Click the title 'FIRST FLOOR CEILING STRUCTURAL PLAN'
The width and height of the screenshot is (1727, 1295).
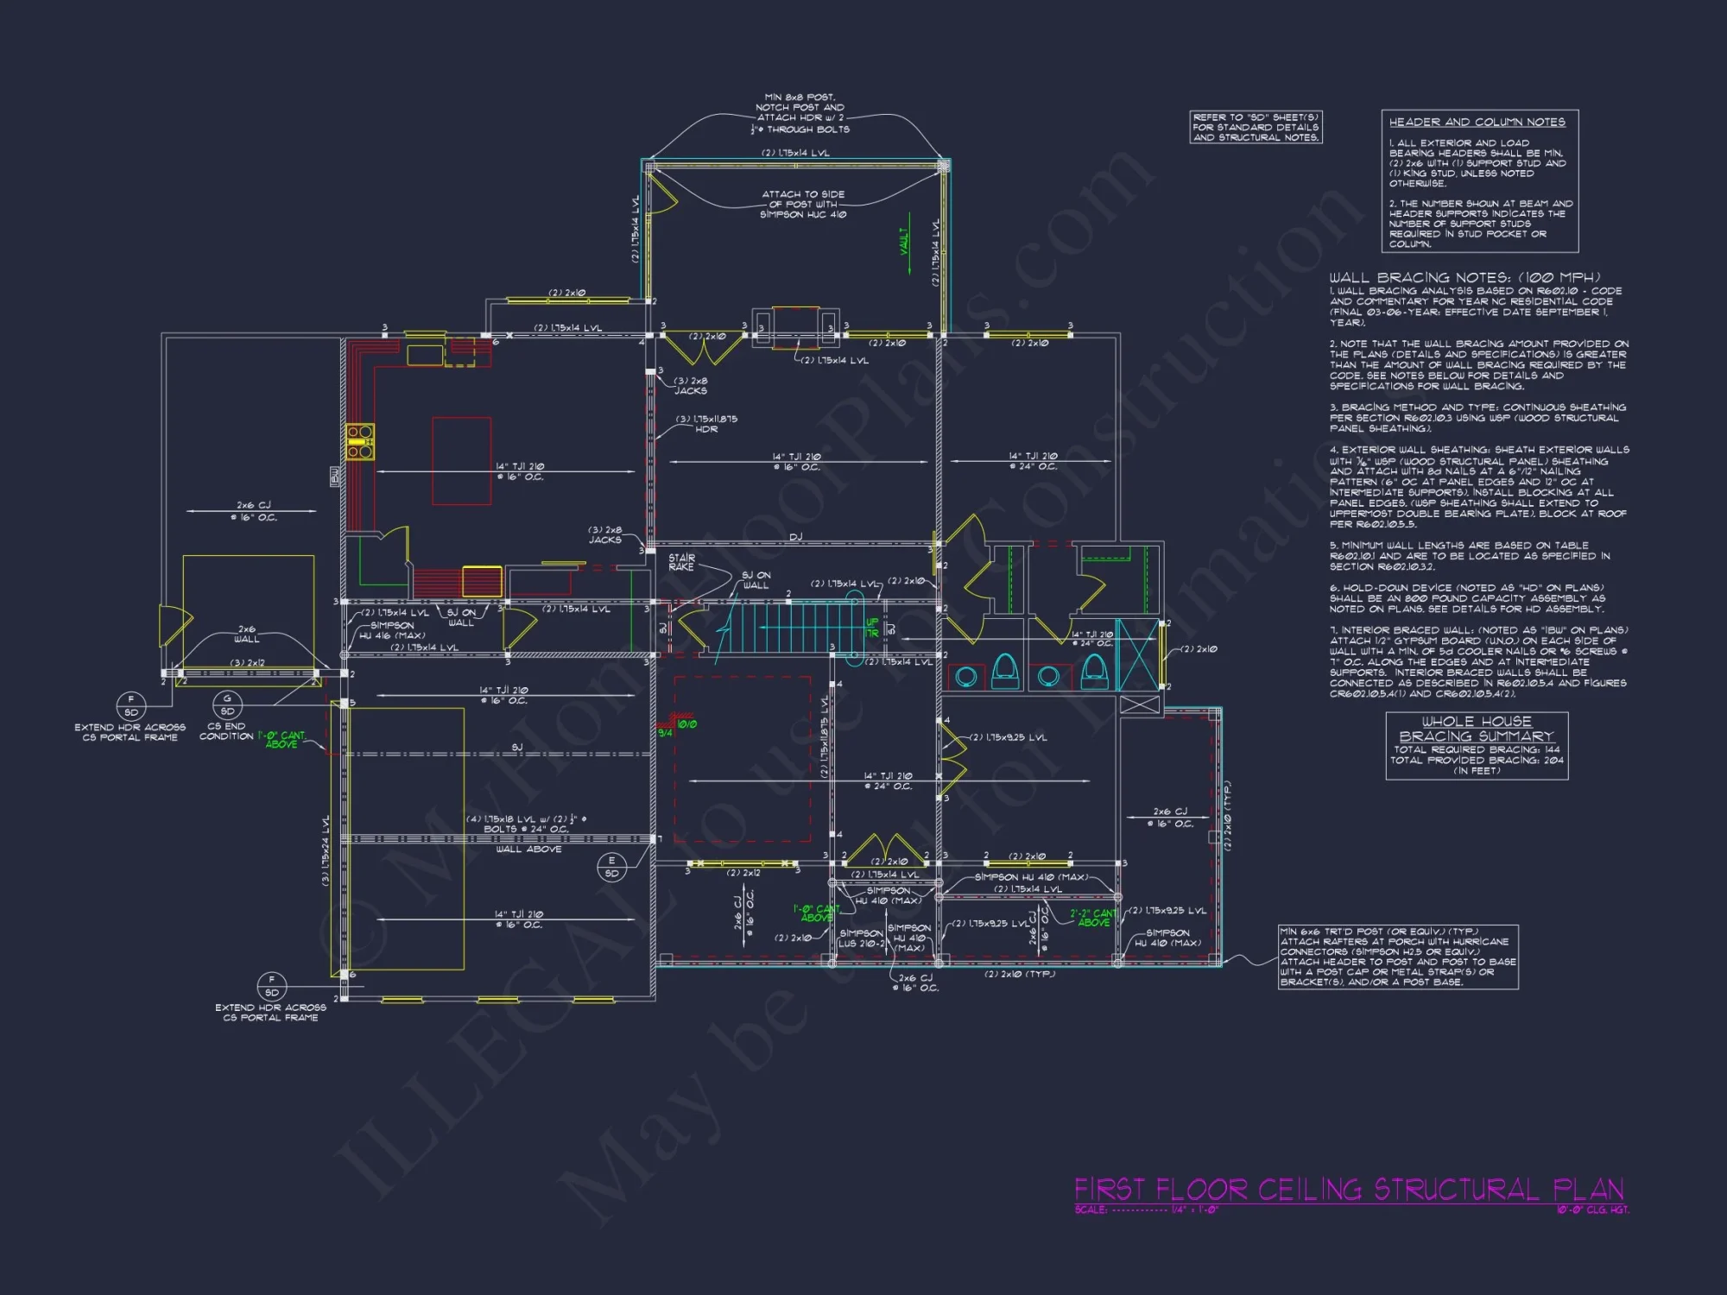[1349, 1189]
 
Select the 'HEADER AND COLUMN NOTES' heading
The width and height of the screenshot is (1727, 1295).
[1477, 123]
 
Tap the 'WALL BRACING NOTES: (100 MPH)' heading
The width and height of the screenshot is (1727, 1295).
[1464, 277]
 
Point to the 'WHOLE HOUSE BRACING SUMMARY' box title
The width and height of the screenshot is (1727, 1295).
[1477, 729]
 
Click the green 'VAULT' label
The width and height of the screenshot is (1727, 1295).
[904, 241]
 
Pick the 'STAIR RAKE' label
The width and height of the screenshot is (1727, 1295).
[681, 562]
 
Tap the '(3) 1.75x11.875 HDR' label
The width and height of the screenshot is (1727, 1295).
[706, 424]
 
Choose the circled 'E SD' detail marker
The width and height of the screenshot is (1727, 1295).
[611, 866]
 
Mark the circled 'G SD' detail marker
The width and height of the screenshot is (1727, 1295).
[227, 704]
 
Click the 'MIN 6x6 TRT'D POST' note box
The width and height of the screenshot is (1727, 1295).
[1397, 957]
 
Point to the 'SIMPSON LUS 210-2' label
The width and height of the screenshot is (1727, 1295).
[861, 938]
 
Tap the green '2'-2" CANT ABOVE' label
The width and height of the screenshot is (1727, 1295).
[1093, 917]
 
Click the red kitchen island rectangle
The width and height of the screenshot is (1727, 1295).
[461, 460]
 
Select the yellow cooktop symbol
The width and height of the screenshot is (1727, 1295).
[360, 440]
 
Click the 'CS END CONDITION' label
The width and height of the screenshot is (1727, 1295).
[226, 731]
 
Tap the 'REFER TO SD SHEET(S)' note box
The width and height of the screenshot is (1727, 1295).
[1256, 127]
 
